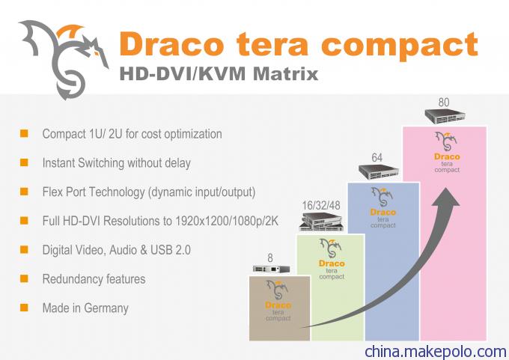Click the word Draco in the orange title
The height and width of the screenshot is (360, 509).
coord(171,44)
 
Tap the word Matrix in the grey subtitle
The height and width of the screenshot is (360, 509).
coord(285,73)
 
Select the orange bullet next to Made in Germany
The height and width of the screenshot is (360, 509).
coord(24,307)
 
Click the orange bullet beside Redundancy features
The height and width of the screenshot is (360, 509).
coord(24,278)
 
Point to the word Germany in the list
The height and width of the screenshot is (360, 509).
coord(106,308)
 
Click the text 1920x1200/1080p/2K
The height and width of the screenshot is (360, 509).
coord(227,221)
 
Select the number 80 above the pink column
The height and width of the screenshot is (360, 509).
coord(444,103)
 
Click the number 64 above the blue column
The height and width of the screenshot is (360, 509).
coord(377,158)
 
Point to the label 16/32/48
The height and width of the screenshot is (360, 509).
coord(321,206)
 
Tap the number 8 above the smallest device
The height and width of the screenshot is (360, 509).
coord(270,258)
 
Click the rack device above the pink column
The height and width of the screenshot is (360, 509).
coord(445,116)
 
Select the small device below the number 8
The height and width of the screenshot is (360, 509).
coord(272,269)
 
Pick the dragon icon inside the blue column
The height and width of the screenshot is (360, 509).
coord(382,197)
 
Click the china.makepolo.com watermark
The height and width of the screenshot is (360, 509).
coord(436,352)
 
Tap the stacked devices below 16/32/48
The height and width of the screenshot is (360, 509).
coord(321,222)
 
